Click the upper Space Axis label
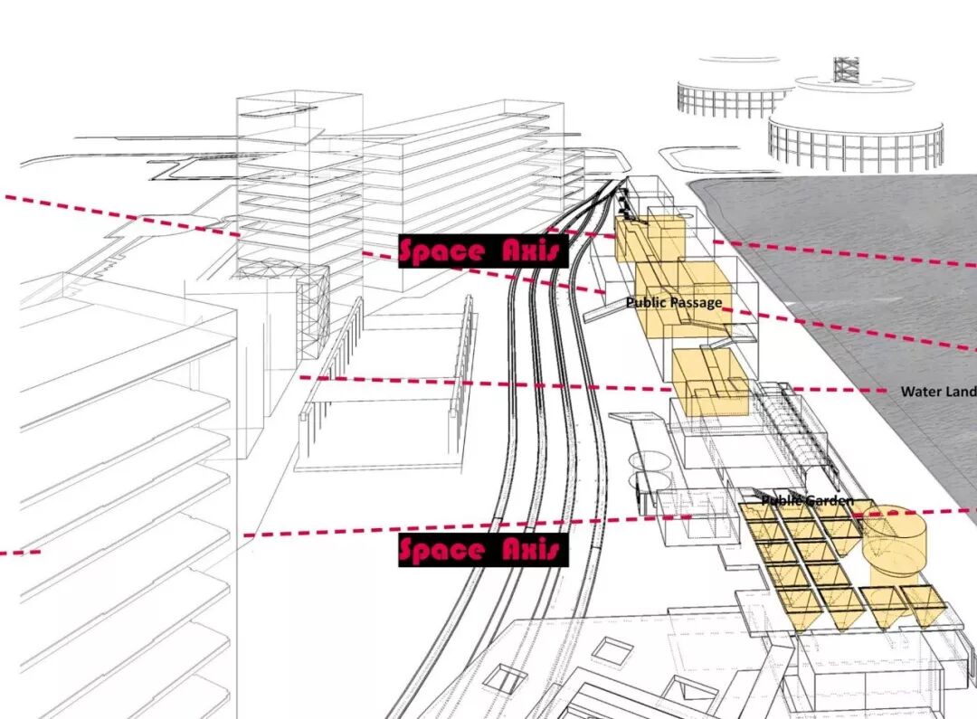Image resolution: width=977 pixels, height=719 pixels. coord(483,251)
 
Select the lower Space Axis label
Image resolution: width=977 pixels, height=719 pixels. coord(483,550)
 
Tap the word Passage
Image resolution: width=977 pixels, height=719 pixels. coord(697,303)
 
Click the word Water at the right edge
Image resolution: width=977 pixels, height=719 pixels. coord(919,392)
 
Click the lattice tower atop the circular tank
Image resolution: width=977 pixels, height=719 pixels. coord(846,69)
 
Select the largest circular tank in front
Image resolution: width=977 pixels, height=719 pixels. coord(855,140)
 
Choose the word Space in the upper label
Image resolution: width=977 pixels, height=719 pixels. coord(442,251)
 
